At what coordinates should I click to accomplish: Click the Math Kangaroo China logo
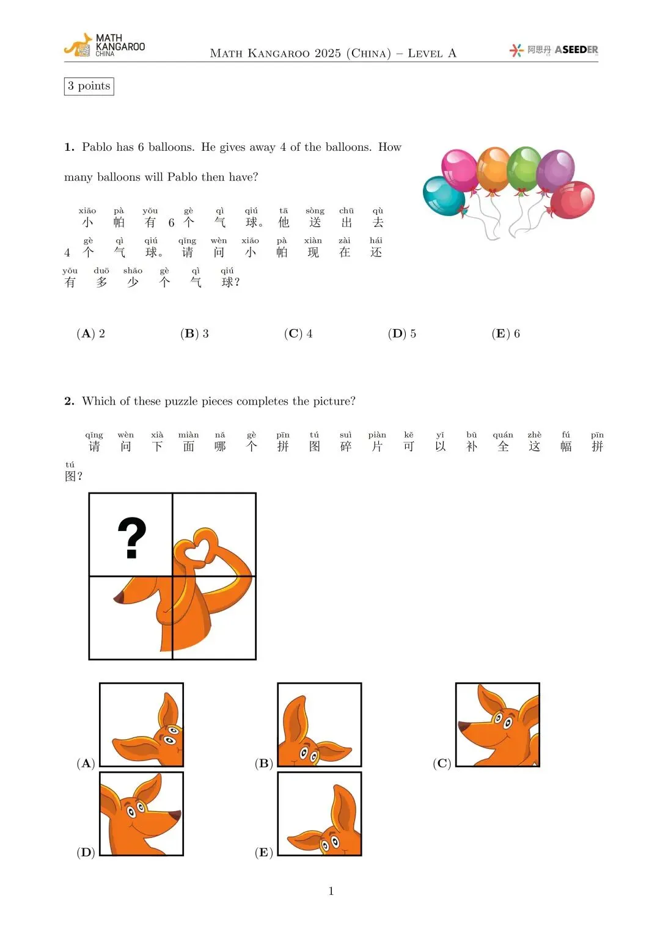coord(104,46)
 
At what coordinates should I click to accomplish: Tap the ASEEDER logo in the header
coord(554,50)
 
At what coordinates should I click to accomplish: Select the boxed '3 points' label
coord(89,86)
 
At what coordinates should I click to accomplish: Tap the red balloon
coord(573,199)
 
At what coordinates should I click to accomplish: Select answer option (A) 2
coord(91,333)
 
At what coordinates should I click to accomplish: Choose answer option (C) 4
coord(298,333)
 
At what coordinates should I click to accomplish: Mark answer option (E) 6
coord(506,333)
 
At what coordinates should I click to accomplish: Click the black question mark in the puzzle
coord(132,537)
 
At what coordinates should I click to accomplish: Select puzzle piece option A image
coord(142,724)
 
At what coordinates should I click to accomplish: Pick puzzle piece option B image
coord(320,724)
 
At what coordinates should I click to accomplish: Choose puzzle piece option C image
coord(497,724)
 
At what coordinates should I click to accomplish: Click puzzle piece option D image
coord(142,814)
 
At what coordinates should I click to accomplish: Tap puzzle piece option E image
coord(320,814)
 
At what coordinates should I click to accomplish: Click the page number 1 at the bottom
coord(331,891)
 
